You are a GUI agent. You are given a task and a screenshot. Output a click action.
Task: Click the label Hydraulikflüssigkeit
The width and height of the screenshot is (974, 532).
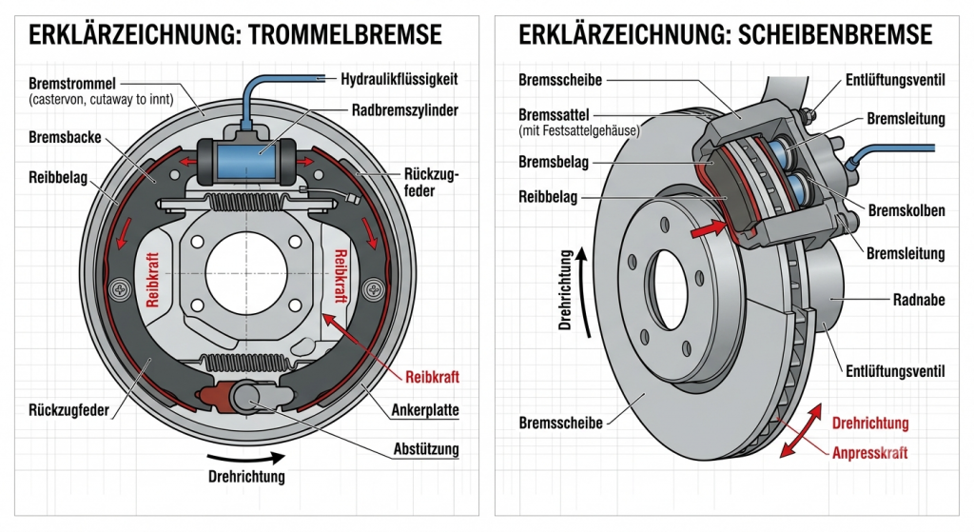399,80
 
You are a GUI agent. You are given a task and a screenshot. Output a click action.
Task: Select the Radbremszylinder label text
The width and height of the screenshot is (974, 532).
405,110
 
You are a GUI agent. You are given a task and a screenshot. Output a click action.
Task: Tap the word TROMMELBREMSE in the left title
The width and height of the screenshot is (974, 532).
344,35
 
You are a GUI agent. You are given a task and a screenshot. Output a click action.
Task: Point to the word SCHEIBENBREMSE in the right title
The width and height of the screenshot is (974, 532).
835,35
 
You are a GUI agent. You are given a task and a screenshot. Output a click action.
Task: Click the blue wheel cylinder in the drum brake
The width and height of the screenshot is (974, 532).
246,159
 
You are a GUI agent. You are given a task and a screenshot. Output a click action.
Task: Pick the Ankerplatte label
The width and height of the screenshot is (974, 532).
425,410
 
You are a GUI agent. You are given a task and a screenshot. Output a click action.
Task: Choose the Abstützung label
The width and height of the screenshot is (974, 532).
426,449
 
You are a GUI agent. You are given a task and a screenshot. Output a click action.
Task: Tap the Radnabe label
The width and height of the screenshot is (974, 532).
919,300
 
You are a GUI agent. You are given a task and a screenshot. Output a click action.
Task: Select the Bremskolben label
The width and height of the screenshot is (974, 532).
906,210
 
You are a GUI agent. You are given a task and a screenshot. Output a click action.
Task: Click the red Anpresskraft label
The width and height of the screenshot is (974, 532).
869,453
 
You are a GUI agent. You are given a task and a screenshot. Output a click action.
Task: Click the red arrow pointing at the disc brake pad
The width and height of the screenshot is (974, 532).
708,228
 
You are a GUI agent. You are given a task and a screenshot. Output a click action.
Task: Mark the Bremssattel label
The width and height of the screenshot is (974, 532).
555,115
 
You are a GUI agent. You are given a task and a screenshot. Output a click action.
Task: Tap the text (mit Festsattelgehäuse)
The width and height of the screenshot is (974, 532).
579,131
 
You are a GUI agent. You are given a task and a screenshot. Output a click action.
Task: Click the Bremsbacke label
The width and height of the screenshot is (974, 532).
65,137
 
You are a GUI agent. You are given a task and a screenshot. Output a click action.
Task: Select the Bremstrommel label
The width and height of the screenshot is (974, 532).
72,84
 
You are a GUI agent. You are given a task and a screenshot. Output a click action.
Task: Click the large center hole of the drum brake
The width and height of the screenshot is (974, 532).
246,271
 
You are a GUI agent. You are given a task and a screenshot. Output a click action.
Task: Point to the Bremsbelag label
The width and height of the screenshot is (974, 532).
554,163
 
